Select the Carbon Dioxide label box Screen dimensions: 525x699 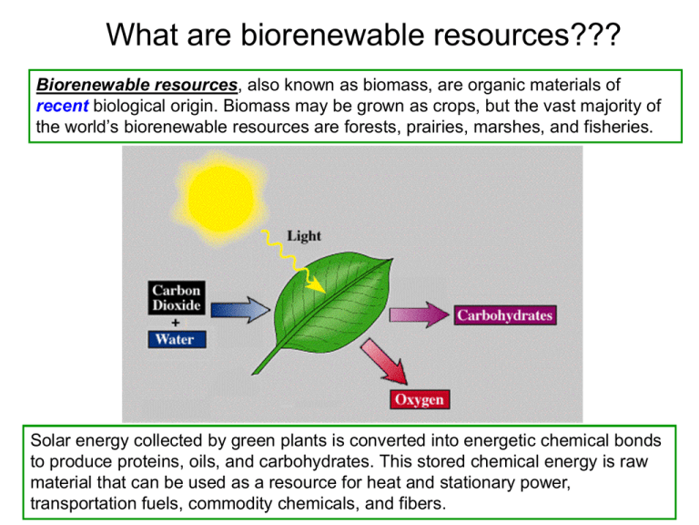click(177, 298)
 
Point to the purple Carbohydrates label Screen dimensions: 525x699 click(504, 315)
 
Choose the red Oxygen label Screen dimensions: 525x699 click(420, 399)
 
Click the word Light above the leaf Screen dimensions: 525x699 click(304, 236)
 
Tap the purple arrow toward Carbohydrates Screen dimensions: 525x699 click(417, 315)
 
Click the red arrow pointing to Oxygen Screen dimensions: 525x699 click(382, 366)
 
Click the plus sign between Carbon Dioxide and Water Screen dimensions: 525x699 click(174, 321)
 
